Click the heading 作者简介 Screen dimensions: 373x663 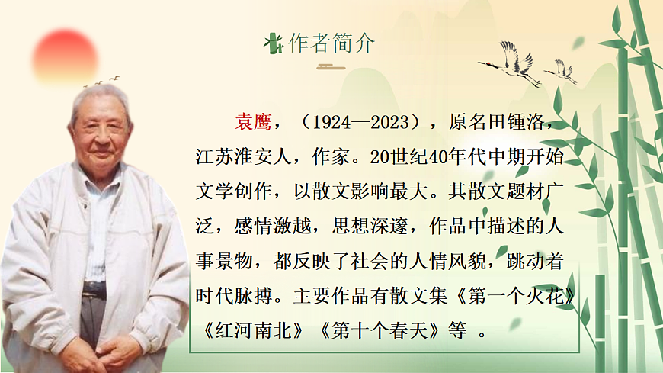click(331, 43)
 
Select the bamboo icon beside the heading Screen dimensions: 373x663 click(273, 43)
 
